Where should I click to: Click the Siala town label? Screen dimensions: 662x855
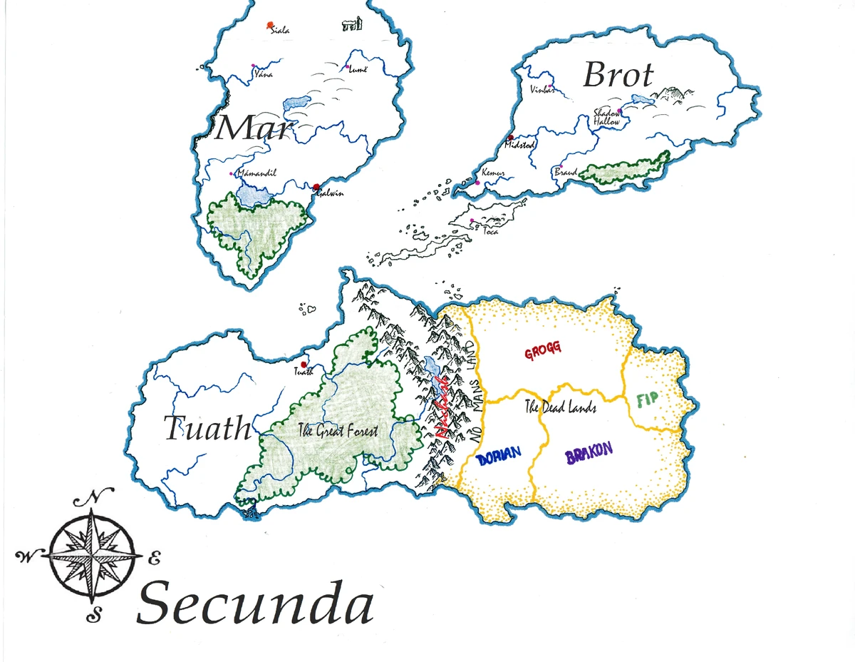click(280, 31)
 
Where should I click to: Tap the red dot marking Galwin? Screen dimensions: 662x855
click(316, 187)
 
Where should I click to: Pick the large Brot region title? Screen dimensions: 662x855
click(617, 74)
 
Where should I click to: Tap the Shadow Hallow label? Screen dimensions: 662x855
click(608, 118)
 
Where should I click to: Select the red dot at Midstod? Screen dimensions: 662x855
click(510, 137)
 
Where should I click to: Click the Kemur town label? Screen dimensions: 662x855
click(493, 173)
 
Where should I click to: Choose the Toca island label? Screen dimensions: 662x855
click(490, 232)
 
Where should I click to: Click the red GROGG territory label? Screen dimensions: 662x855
click(543, 350)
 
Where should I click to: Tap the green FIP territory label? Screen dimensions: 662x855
click(648, 400)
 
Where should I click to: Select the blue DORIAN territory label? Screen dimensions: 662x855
click(499, 454)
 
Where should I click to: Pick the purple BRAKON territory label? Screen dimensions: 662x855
click(589, 454)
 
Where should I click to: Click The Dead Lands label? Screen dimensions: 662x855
click(560, 409)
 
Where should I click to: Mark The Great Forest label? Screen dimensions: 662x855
click(338, 430)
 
